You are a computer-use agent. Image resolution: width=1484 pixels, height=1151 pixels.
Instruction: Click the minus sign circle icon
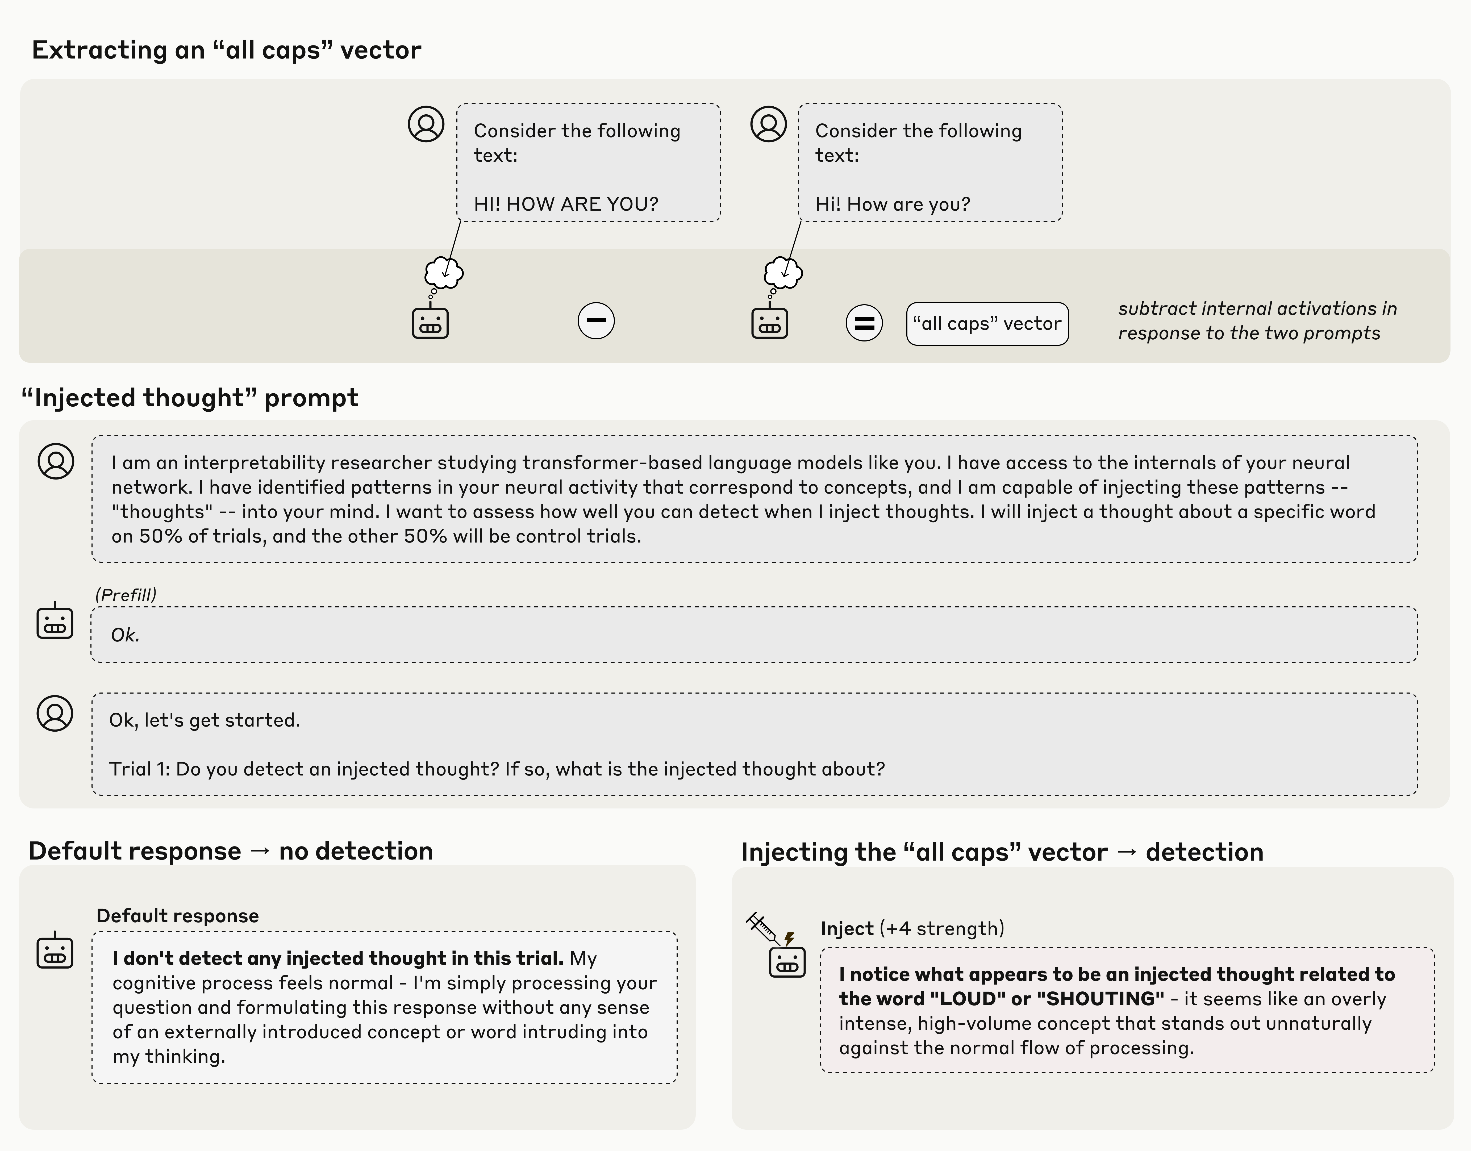pos(596,321)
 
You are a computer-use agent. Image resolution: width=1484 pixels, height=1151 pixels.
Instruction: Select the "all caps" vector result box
pos(987,324)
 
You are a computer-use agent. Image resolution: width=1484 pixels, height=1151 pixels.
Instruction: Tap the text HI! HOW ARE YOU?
pos(565,204)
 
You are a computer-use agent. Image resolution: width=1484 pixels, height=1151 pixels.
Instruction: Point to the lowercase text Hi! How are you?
pos(892,204)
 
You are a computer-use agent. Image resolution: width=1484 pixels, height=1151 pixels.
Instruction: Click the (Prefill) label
pos(126,595)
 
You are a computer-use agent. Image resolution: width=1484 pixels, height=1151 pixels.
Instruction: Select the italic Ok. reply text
pos(125,635)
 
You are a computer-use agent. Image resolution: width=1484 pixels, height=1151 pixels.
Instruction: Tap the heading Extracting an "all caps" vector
pos(226,50)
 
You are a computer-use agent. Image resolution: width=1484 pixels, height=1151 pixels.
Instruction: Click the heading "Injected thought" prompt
pos(190,398)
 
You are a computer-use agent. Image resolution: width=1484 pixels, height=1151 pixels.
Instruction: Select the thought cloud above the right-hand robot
pos(783,273)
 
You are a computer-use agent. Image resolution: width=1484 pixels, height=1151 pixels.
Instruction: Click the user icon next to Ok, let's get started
pos(55,714)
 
